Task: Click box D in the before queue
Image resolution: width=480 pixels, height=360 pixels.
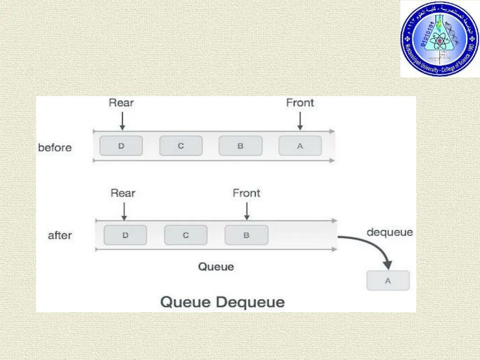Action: (121, 146)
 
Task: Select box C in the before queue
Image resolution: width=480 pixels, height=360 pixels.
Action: (181, 146)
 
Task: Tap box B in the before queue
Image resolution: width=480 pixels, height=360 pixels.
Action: (240, 146)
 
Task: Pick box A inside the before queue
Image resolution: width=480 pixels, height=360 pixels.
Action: (300, 146)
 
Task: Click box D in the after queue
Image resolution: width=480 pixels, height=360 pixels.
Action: (125, 235)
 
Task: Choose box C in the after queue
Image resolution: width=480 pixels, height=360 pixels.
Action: (186, 235)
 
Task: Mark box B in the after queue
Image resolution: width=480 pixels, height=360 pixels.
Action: (246, 235)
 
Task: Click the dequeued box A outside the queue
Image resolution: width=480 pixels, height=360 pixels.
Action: (388, 281)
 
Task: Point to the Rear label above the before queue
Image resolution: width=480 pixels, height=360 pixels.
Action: (122, 103)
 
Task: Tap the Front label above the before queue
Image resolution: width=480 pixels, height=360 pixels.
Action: (300, 103)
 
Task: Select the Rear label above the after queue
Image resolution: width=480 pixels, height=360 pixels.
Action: (123, 193)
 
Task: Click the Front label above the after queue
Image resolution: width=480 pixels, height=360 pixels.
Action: (247, 193)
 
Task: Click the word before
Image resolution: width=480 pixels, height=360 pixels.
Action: (55, 148)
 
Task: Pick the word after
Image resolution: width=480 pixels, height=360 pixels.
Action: (60, 236)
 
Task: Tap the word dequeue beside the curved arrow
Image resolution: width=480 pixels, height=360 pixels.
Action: (390, 232)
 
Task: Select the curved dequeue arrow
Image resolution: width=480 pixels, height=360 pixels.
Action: (375, 248)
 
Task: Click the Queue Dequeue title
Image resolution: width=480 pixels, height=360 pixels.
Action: (223, 302)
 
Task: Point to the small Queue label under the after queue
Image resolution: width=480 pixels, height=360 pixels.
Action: (216, 267)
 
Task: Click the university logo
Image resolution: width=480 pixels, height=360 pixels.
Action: (440, 38)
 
